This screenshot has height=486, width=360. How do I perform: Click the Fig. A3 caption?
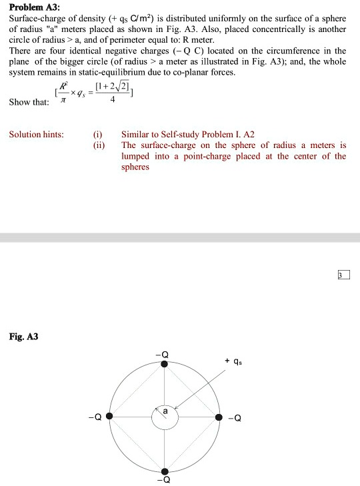click(x=23, y=337)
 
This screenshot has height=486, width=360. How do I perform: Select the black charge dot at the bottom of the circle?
click(x=165, y=471)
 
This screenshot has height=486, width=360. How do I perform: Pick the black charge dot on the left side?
click(x=110, y=417)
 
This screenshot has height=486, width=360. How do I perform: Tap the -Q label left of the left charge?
click(x=98, y=418)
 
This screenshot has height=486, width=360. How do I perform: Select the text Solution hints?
click(x=37, y=135)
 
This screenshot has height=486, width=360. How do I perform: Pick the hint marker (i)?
click(x=99, y=135)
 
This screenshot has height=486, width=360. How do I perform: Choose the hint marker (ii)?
click(x=99, y=145)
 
